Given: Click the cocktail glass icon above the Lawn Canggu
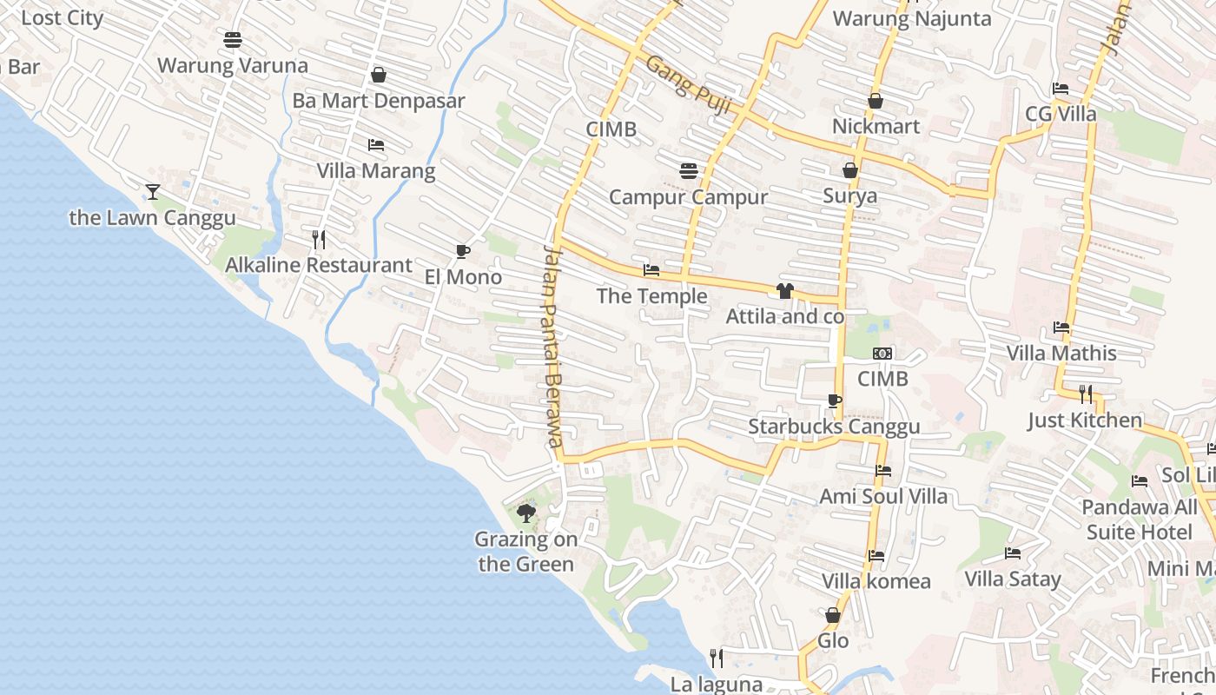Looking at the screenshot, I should click(153, 191).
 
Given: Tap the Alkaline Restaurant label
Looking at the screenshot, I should click(319, 265).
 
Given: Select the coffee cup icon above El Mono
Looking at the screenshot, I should click(463, 252).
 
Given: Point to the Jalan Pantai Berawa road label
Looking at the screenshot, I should click(554, 346).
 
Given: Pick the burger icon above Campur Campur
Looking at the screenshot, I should click(690, 171).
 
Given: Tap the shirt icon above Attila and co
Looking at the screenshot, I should click(785, 291).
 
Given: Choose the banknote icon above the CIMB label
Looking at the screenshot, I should click(882, 354).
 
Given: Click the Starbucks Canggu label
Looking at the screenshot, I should click(834, 427).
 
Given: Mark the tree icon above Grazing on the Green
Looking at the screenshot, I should click(525, 513).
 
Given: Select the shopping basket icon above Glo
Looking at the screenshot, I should click(833, 616).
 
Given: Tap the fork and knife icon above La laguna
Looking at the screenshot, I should click(717, 659).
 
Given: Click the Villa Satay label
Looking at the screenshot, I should click(1013, 579).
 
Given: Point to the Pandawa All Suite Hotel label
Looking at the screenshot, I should click(1140, 519).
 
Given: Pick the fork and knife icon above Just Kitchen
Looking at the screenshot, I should click(1086, 394).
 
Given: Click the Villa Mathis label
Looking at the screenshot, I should click(1061, 353).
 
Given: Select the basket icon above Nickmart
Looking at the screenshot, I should click(876, 102).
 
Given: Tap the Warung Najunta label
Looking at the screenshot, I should click(912, 18).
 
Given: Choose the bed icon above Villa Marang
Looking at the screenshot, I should click(376, 145).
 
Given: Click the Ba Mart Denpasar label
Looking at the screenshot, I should click(379, 100).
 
